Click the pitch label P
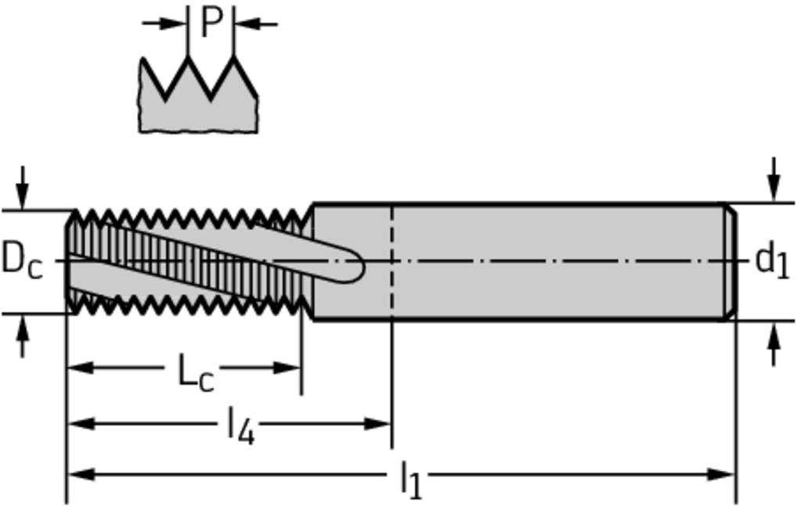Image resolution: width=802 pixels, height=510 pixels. [x=211, y=23]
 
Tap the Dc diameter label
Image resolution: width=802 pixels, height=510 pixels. [x=22, y=260]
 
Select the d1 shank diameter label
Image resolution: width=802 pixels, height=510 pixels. [x=771, y=260]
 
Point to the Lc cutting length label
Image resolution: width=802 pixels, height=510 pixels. [x=195, y=372]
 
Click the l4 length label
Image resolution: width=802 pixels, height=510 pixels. [x=240, y=426]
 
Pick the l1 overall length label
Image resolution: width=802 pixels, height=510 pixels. [x=410, y=479]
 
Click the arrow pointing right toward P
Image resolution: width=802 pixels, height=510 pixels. [x=164, y=23]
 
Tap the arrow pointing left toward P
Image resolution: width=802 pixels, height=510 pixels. [x=256, y=23]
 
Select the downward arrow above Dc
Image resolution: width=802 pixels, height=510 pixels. [x=21, y=187]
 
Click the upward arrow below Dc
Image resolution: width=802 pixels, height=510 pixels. [x=21, y=336]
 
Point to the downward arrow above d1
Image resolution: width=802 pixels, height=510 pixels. [x=774, y=179]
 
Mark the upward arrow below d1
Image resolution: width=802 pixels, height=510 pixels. [x=774, y=344]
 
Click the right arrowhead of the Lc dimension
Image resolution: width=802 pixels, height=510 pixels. [x=287, y=368]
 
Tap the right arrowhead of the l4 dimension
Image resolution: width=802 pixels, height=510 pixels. [x=378, y=424]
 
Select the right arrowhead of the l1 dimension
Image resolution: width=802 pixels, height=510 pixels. [x=721, y=475]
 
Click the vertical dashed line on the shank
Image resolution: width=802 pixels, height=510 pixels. [x=392, y=261]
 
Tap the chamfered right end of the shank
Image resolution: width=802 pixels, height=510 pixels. [x=732, y=261]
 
